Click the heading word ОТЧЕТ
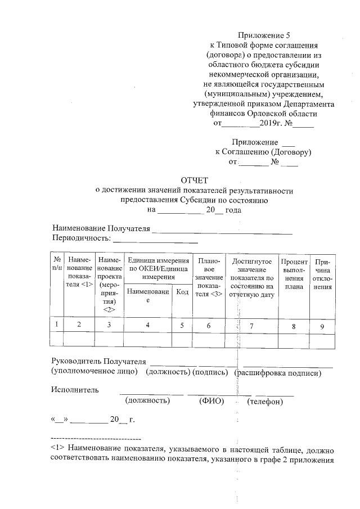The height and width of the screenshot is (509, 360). coord(195,181)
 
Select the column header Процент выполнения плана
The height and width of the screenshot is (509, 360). coord(294,274)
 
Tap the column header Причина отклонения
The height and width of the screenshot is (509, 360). coord(322,274)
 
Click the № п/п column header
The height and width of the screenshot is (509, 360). coord(57,264)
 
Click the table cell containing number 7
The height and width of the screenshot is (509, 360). coord(251,325)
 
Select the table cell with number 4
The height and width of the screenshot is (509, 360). coord(147,325)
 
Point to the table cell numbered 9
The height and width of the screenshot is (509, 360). coord(322,325)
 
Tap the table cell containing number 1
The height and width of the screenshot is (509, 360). coord(57,325)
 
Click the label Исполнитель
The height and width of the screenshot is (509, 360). coord(75,390)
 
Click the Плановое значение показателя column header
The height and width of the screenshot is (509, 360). coord(209,278)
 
